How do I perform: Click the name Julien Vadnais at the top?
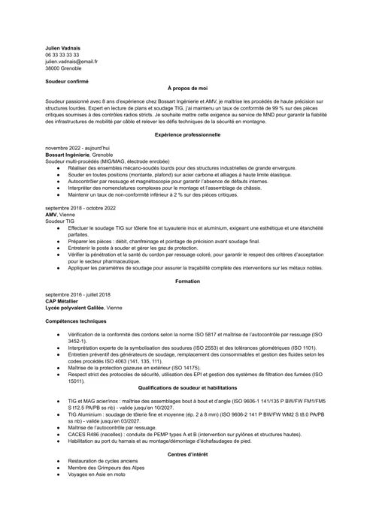click(x=62, y=48)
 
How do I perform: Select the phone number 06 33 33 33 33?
click(x=62, y=55)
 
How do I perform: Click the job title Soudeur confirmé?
click(x=66, y=81)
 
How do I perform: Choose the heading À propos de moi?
click(x=187, y=88)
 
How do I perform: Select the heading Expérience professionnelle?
click(x=187, y=135)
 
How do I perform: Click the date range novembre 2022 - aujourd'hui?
click(x=77, y=148)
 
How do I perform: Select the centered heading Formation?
click(x=187, y=282)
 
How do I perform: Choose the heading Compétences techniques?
click(x=75, y=321)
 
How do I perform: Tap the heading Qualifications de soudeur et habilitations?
click(x=187, y=387)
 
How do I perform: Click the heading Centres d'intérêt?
click(x=187, y=455)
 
